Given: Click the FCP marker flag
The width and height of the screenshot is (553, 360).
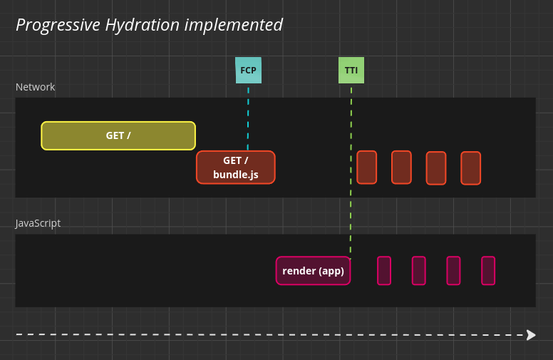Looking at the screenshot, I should point(248,71).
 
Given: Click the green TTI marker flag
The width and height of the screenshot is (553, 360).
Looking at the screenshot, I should point(351,71).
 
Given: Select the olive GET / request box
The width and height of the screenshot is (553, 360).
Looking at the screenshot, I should point(118,135).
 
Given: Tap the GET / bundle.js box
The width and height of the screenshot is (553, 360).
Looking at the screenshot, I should point(236,168).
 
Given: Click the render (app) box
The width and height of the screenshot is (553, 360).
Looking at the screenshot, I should point(313,271).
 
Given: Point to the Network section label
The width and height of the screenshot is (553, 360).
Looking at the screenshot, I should point(35,87).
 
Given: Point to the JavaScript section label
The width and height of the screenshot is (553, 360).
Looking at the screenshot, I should point(38,223).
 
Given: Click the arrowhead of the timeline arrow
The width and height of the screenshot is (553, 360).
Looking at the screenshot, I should point(531,334).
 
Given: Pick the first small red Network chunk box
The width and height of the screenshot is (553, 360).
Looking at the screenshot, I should point(366,168).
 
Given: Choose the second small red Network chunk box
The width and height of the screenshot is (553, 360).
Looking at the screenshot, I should point(401,168).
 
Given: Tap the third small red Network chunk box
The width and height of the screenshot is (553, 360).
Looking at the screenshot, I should point(436,168).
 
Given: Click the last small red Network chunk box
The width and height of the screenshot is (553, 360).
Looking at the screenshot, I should point(470,168).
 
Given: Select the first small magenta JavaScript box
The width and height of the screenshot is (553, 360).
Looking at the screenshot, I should point(384,271).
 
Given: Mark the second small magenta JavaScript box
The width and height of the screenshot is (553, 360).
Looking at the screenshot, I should point(418,271).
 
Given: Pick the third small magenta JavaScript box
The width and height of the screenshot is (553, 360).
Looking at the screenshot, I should point(453,271).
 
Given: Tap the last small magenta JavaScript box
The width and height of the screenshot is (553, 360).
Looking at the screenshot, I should point(488,271).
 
